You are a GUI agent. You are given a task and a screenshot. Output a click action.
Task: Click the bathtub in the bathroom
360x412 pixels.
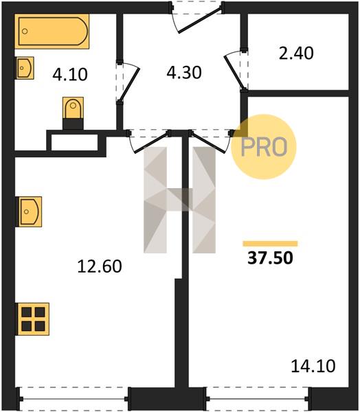pyautogui.click(x=52, y=32)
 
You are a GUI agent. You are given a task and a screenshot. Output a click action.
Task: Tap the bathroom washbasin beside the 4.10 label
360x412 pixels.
pyautogui.click(x=24, y=68)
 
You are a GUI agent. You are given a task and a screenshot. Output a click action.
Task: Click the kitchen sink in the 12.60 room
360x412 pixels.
pyautogui.click(x=29, y=211)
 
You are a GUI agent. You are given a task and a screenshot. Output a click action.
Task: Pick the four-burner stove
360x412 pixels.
pyautogui.click(x=32, y=319)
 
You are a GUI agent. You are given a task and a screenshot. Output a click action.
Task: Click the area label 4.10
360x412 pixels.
pyautogui.click(x=70, y=75)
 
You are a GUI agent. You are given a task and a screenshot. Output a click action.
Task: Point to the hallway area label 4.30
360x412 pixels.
pyautogui.click(x=184, y=73)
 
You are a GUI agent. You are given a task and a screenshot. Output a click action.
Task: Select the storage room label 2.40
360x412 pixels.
pyautogui.click(x=296, y=54)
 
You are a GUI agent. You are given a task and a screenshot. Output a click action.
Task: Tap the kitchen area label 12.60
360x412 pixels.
pyautogui.click(x=100, y=266)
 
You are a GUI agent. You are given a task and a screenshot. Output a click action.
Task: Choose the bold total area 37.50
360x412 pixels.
pyautogui.click(x=270, y=257)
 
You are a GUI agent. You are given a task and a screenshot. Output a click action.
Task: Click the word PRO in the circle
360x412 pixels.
pyautogui.click(x=264, y=147)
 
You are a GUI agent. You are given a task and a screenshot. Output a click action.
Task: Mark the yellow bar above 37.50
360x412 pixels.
pyautogui.click(x=270, y=244)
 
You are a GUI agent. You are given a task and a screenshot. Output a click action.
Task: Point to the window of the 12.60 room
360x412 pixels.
pyautogui.click(x=73, y=399)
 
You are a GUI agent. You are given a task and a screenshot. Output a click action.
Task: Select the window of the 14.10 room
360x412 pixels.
pyautogui.click(x=258, y=399)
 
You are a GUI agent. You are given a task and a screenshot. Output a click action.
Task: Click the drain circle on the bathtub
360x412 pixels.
pyautogui.click(x=25, y=32)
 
